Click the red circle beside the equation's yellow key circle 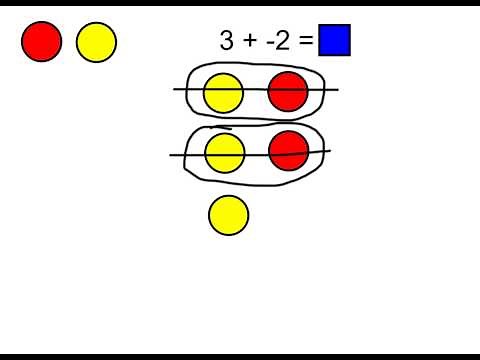coord(42,41)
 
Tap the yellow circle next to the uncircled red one coord(96,41)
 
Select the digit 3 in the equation coord(227,41)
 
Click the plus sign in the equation coord(249,42)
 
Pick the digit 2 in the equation coord(281,41)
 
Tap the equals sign coord(305,42)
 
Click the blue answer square coord(334,40)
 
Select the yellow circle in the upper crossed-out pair coord(223,93)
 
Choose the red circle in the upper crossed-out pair coord(287,92)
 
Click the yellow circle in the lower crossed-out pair coord(225,153)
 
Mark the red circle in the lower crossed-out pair coord(289,150)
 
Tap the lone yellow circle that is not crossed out coord(228,215)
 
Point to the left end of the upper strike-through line coord(175,89)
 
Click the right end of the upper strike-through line coord(338,90)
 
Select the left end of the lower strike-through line coord(171,155)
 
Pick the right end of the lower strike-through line coord(330,151)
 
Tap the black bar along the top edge coord(240,3)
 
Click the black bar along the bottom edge coord(240,356)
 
